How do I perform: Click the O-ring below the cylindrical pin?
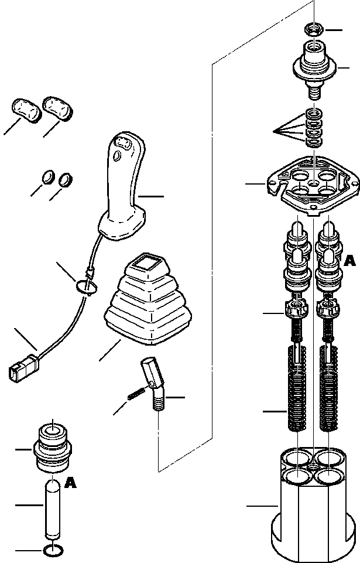(x=54, y=550)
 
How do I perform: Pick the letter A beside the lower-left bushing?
(x=71, y=483)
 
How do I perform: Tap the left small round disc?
(x=49, y=176)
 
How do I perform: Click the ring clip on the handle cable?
(x=86, y=285)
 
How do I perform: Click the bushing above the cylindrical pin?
(x=53, y=448)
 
